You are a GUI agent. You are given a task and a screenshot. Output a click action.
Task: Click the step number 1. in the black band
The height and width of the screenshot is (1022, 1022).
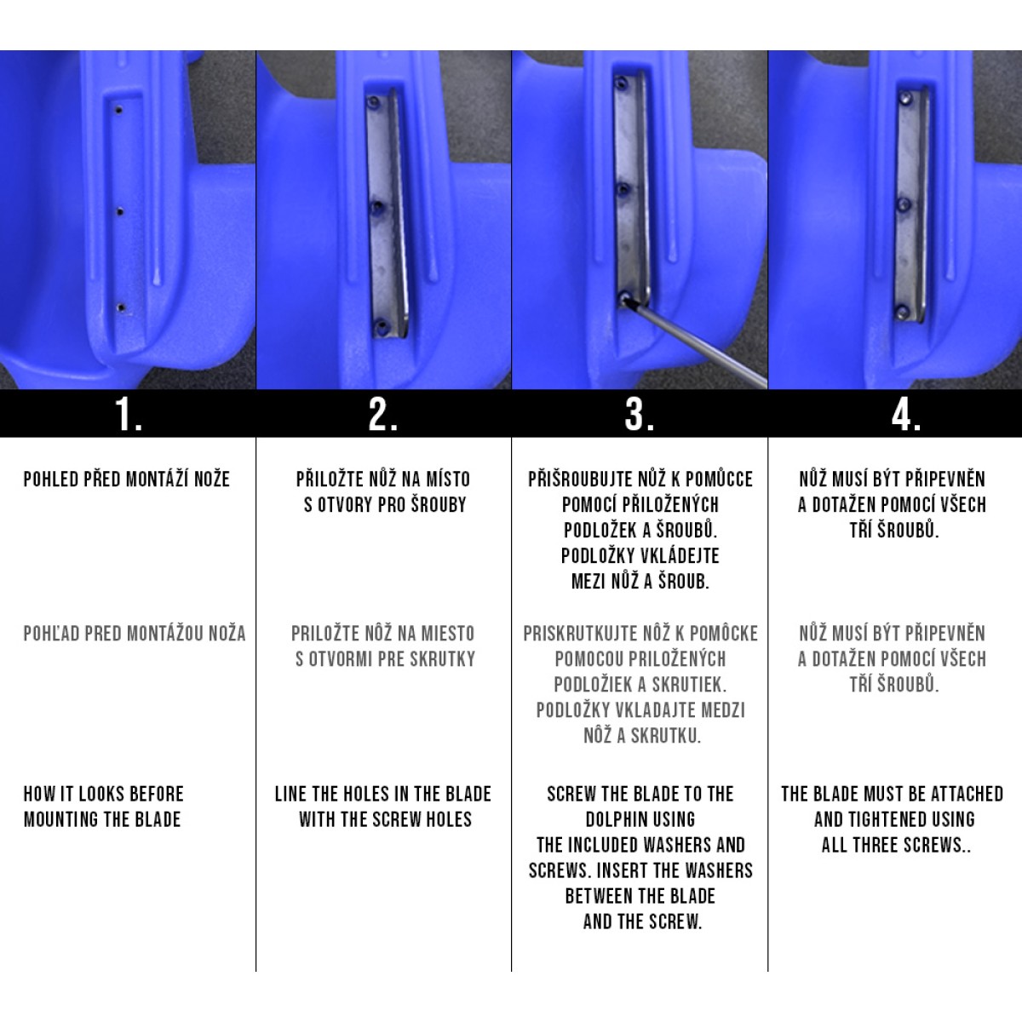pos(129,414)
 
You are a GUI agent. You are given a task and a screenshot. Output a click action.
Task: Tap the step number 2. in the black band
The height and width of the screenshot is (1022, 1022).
pos(383,414)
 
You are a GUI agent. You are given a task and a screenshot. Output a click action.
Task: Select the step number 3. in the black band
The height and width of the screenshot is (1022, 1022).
pos(639,414)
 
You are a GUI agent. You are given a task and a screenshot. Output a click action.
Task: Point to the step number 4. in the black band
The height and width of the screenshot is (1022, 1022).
pos(906,414)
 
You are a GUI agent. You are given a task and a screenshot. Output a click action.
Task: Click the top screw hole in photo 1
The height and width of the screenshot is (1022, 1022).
pos(119,111)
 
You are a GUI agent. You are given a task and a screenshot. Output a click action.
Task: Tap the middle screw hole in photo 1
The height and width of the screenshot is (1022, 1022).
pos(120,212)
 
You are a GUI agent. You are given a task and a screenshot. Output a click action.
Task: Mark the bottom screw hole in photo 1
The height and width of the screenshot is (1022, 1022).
pos(121,307)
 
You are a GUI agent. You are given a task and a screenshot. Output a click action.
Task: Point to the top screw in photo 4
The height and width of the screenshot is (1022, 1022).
pos(906,98)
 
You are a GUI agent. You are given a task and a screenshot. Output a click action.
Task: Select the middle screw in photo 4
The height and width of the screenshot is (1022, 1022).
pos(905,204)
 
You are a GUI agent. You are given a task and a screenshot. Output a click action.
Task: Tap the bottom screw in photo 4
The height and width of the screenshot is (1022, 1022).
pos(903,313)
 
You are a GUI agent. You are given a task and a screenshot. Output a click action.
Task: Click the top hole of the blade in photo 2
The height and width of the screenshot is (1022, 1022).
pos(374,102)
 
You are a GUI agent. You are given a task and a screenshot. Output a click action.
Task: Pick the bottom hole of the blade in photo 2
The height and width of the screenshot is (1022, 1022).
pos(380,325)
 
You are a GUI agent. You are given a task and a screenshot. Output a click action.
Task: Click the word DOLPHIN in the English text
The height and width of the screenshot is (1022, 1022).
pos(640,819)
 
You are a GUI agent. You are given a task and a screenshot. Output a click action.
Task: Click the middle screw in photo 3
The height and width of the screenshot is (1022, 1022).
pos(623,189)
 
